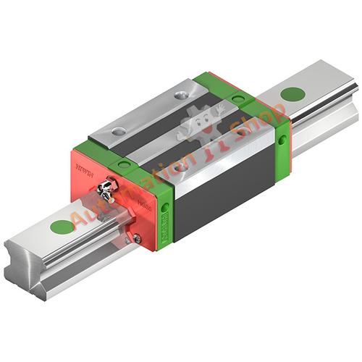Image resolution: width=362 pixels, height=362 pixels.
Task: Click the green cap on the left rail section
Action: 62,227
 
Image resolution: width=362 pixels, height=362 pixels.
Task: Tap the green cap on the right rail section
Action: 292,94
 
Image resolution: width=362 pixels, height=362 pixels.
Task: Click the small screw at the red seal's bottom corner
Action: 137,238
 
